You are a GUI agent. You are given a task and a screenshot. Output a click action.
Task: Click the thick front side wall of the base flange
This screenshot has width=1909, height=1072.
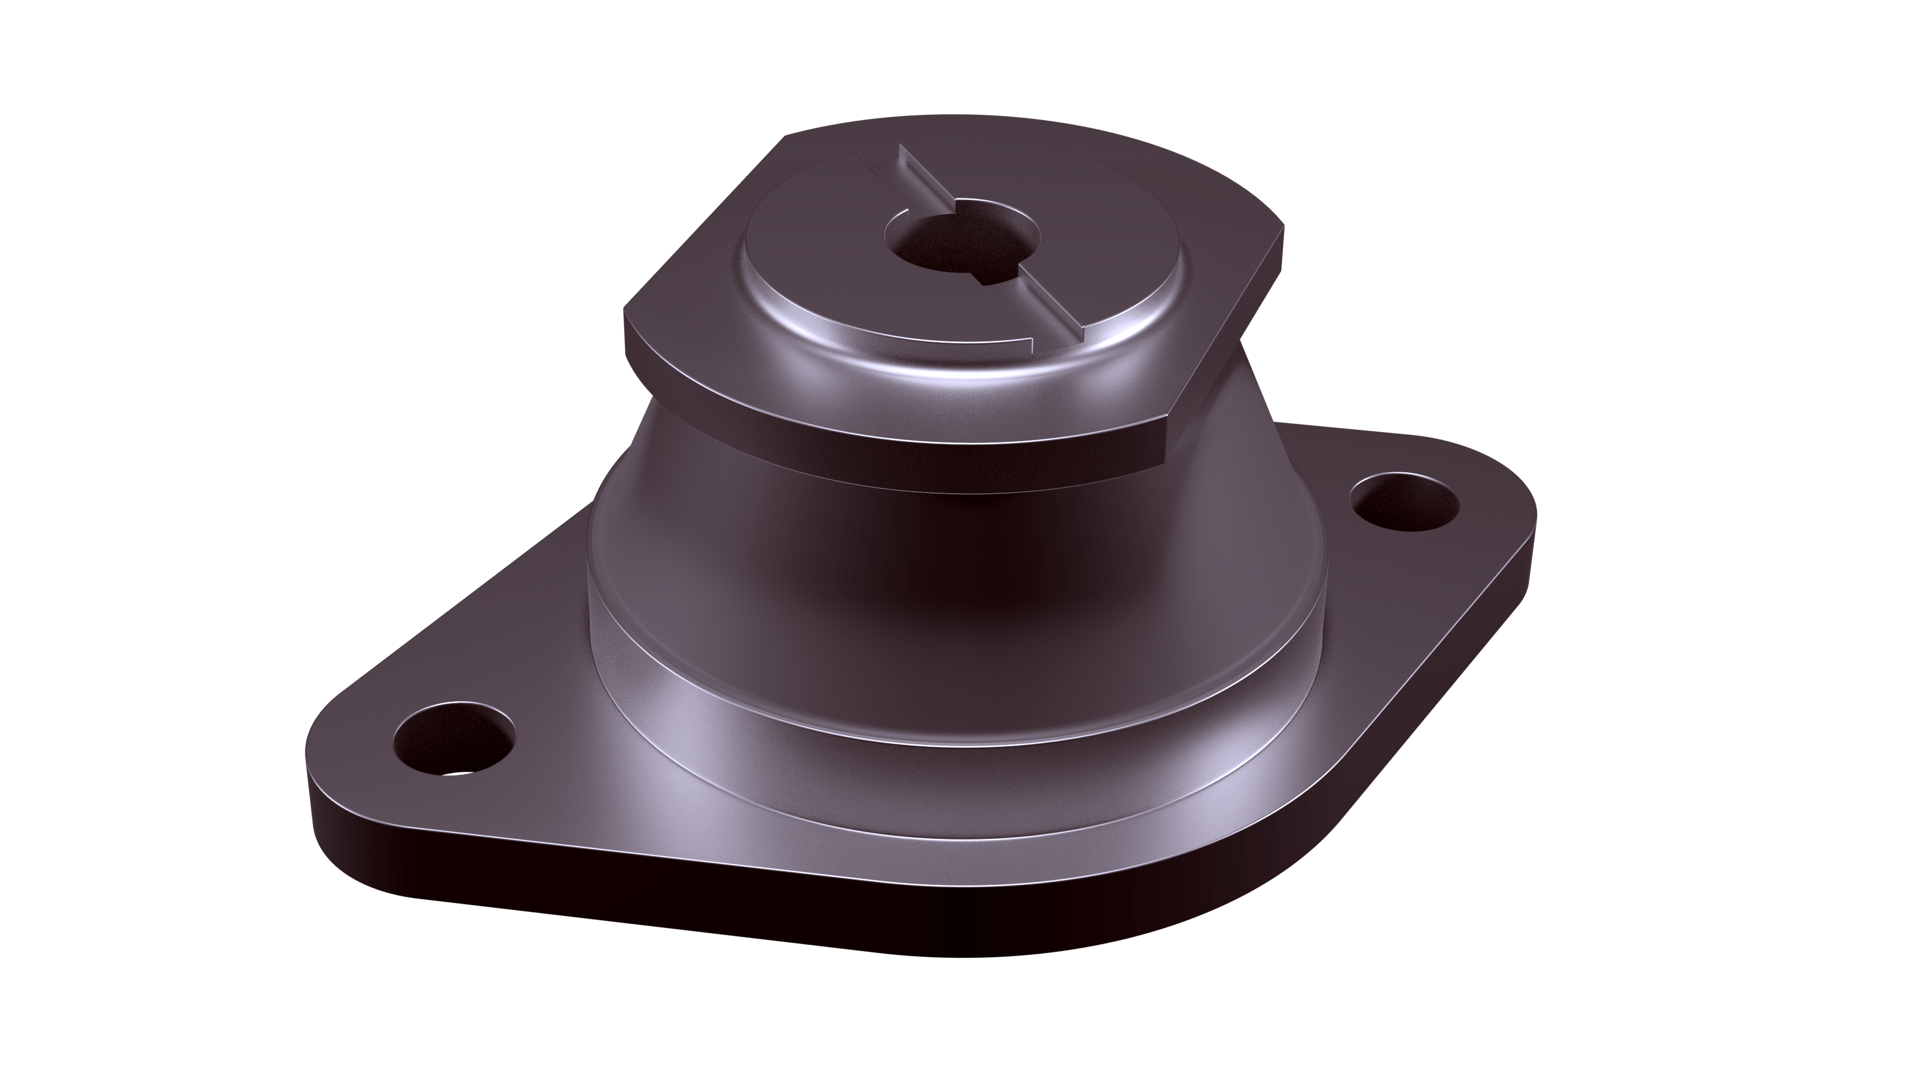tap(667, 911)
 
